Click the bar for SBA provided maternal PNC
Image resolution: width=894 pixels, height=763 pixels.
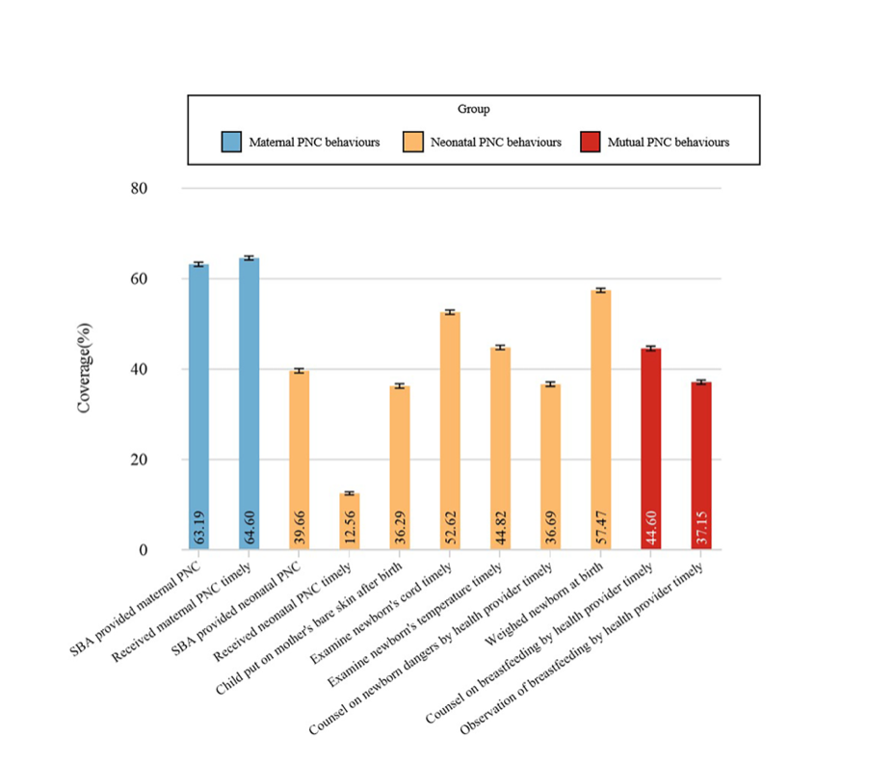click(x=198, y=405)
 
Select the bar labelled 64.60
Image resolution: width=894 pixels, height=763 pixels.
click(x=249, y=405)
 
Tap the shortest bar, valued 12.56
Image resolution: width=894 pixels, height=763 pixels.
click(x=349, y=521)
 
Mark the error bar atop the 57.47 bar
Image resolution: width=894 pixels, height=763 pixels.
click(x=600, y=290)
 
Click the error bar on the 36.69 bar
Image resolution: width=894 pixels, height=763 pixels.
click(x=550, y=384)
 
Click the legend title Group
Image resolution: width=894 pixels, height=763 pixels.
click(x=474, y=110)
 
